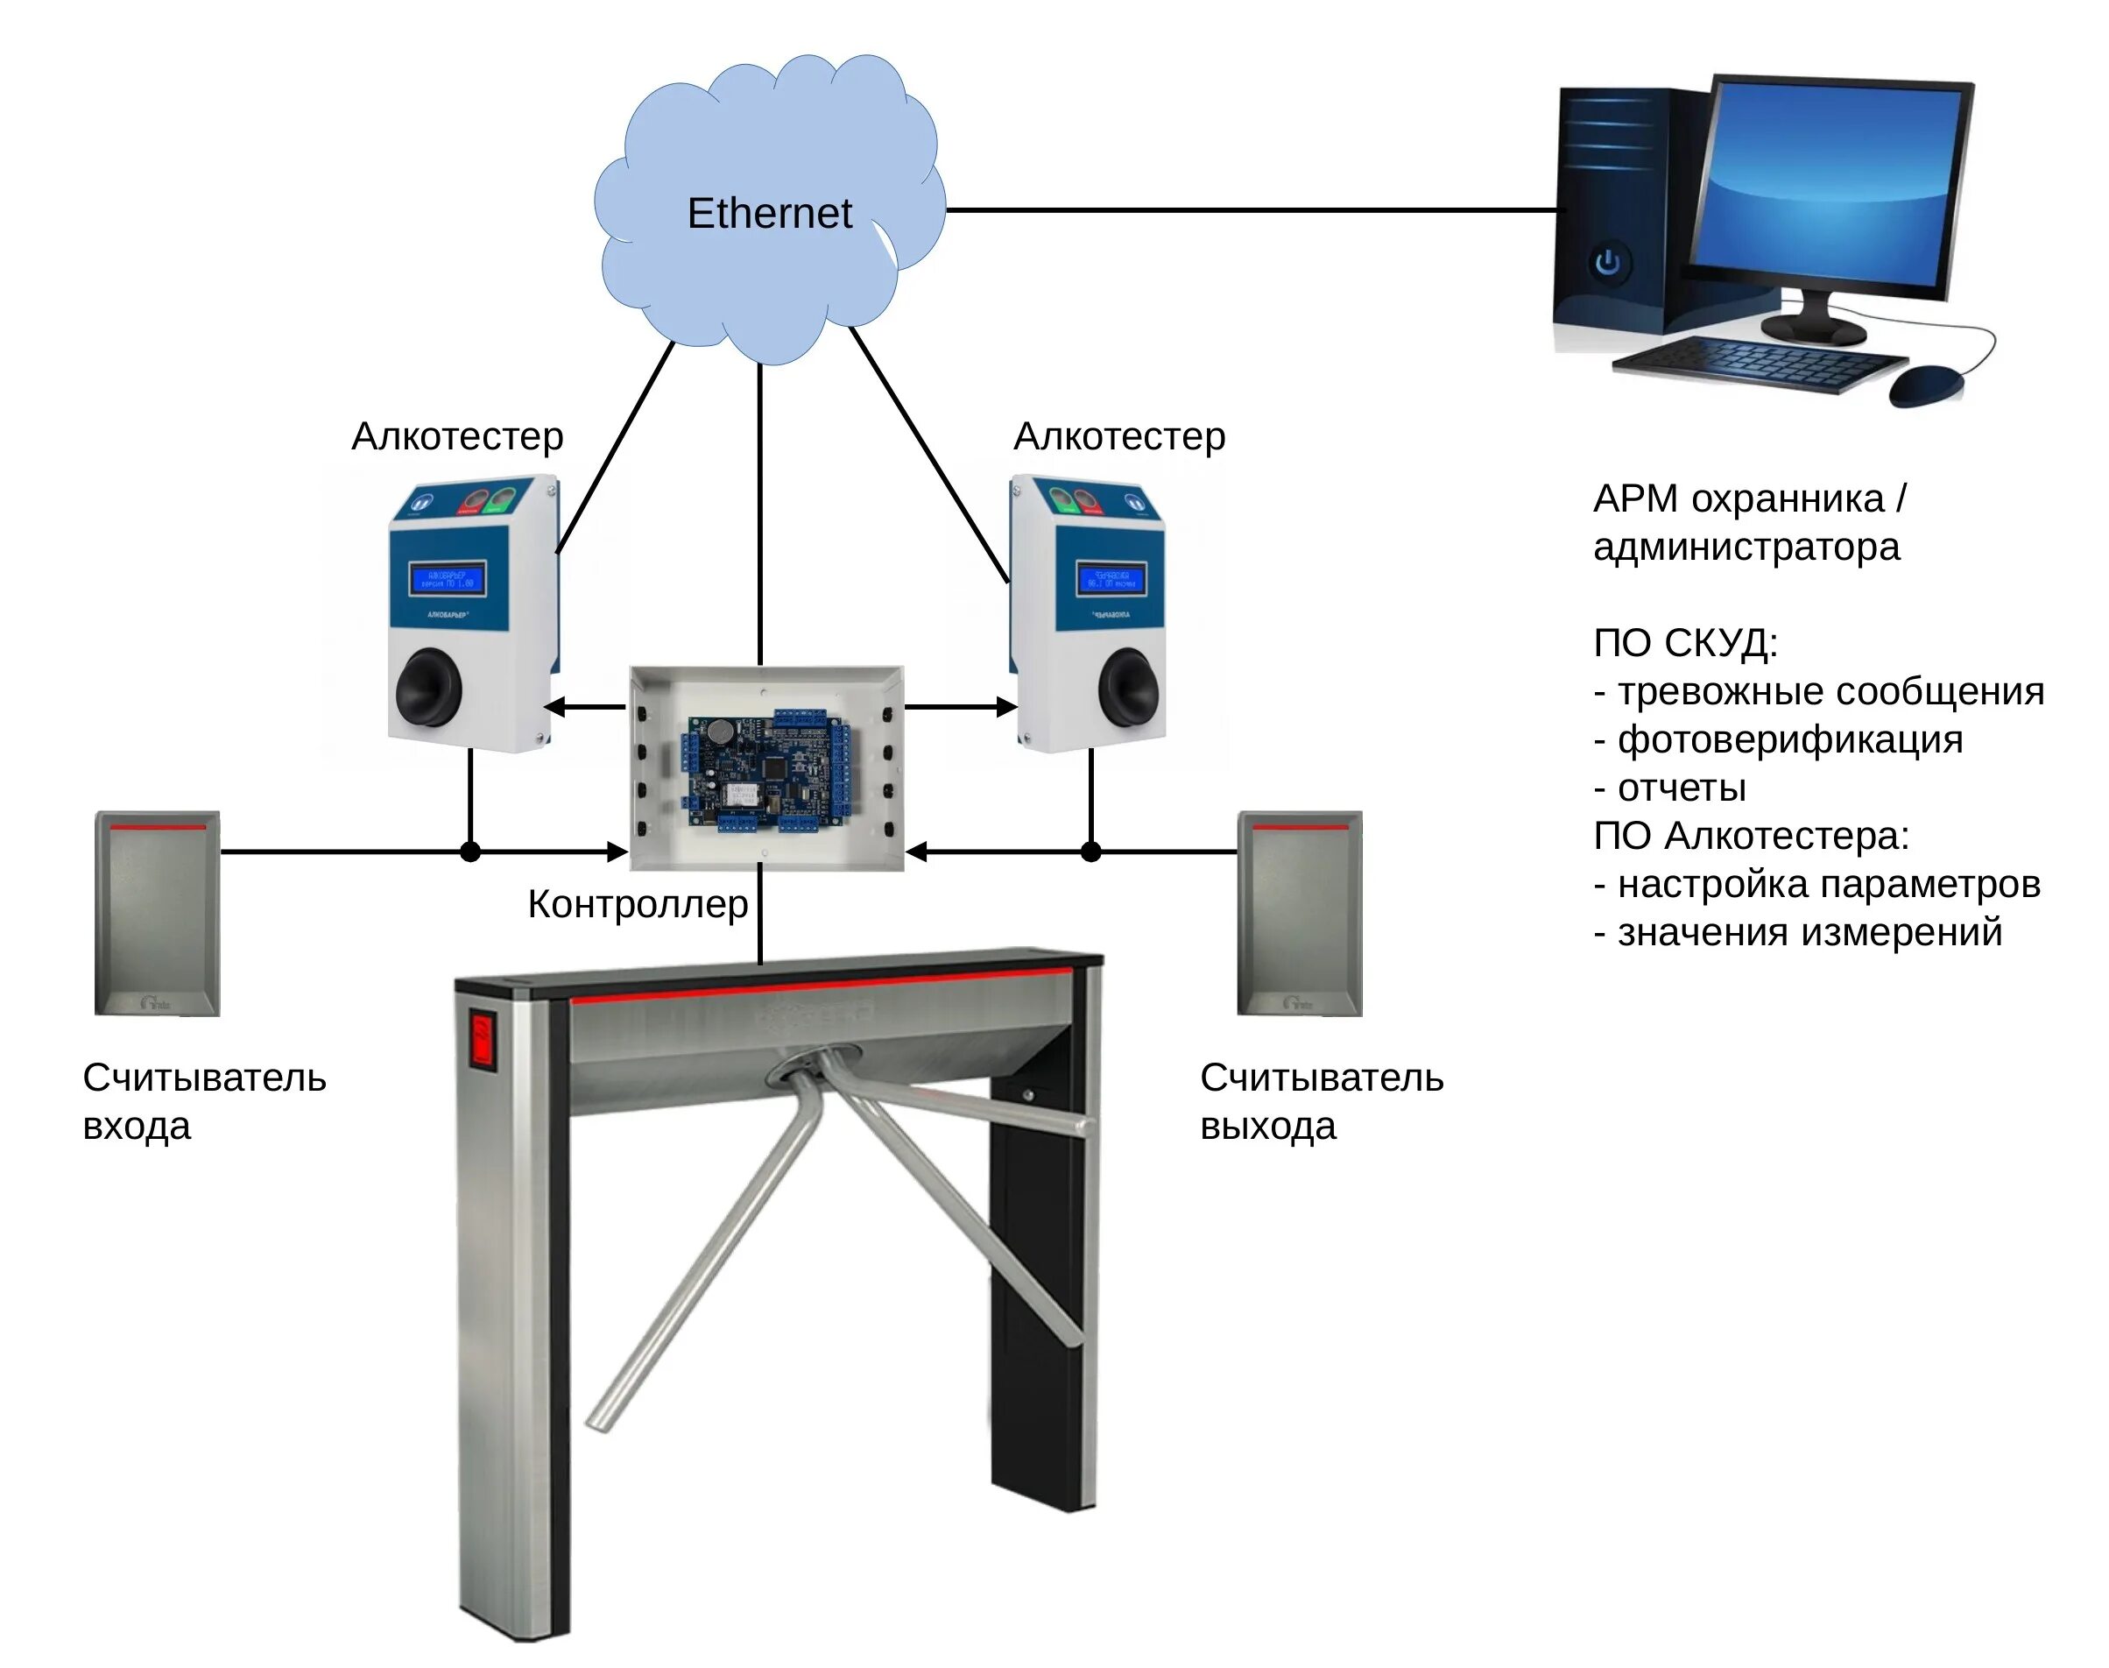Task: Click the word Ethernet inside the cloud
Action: click(768, 213)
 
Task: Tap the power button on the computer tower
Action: click(1607, 262)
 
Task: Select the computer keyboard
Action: click(1758, 364)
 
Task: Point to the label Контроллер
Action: click(637, 904)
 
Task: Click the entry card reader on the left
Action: click(156, 913)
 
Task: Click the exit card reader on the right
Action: click(1299, 913)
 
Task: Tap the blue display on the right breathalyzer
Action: click(1111, 578)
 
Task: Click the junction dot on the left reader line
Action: click(469, 852)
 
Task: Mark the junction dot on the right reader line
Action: click(1090, 852)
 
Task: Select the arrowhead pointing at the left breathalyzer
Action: click(554, 707)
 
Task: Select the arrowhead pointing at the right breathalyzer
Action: click(1005, 707)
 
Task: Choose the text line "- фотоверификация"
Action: click(1777, 739)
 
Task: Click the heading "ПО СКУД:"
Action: click(1685, 643)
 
